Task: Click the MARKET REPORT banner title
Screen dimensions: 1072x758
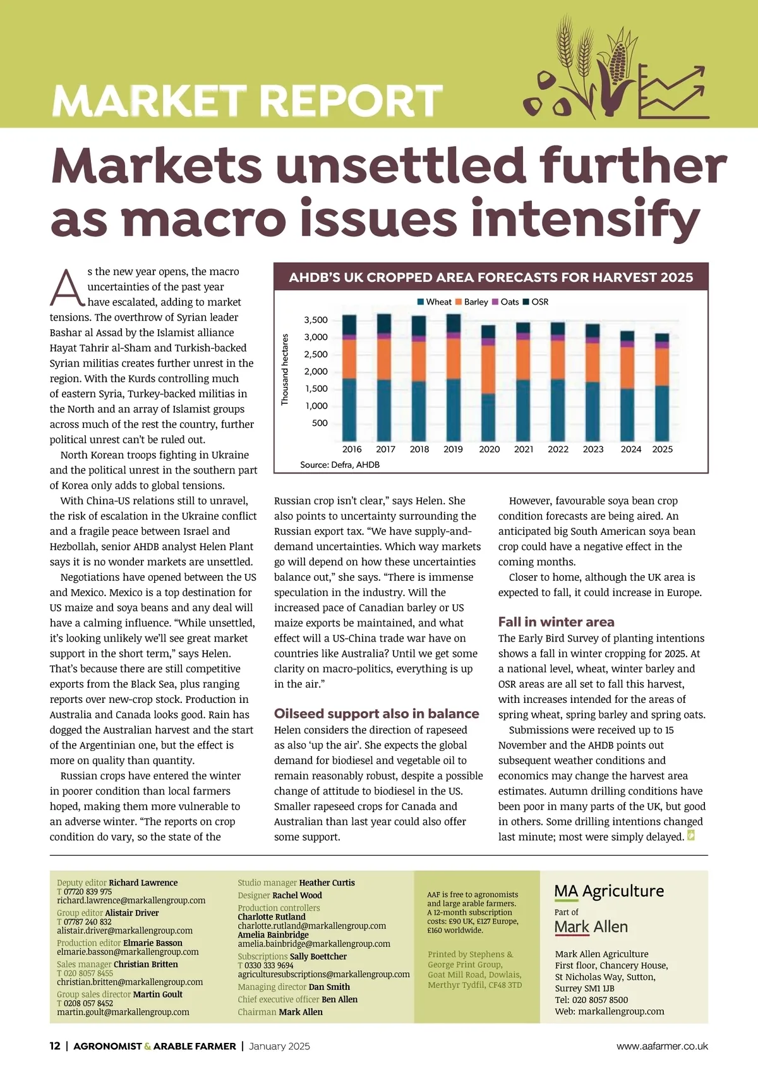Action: click(x=246, y=100)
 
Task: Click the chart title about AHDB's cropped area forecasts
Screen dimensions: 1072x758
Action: click(x=491, y=277)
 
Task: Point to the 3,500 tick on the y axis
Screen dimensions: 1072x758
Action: click(x=316, y=320)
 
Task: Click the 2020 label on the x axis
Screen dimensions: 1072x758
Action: click(x=489, y=449)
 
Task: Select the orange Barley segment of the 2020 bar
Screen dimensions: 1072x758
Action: click(x=488, y=369)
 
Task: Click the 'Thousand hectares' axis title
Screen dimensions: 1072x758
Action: click(x=285, y=370)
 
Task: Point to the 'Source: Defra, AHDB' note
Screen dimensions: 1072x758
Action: click(x=340, y=465)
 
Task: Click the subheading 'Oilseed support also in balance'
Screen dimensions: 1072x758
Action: click(x=376, y=714)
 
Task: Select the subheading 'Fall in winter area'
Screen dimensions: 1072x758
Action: click(x=556, y=622)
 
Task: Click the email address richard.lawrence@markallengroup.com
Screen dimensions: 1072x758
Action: click(x=131, y=901)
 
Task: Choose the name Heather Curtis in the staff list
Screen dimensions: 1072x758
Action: click(x=327, y=883)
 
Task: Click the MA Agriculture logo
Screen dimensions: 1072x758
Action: click(x=609, y=891)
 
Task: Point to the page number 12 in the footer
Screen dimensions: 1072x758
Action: click(x=55, y=1046)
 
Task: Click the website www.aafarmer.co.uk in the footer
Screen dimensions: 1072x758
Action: click(x=662, y=1047)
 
